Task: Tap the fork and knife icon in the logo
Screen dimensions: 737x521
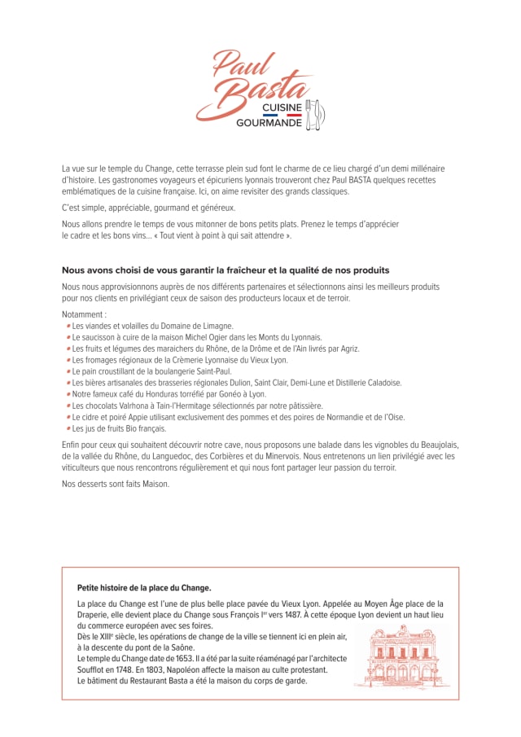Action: point(317,115)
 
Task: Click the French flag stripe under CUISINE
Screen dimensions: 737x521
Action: point(282,115)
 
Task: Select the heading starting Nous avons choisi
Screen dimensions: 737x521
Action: point(225,270)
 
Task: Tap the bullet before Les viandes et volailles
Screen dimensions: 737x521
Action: point(68,326)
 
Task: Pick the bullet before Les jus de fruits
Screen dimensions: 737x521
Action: point(68,428)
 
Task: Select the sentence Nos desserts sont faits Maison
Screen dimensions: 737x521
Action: point(116,485)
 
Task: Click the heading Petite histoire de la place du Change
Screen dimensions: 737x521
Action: point(144,587)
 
